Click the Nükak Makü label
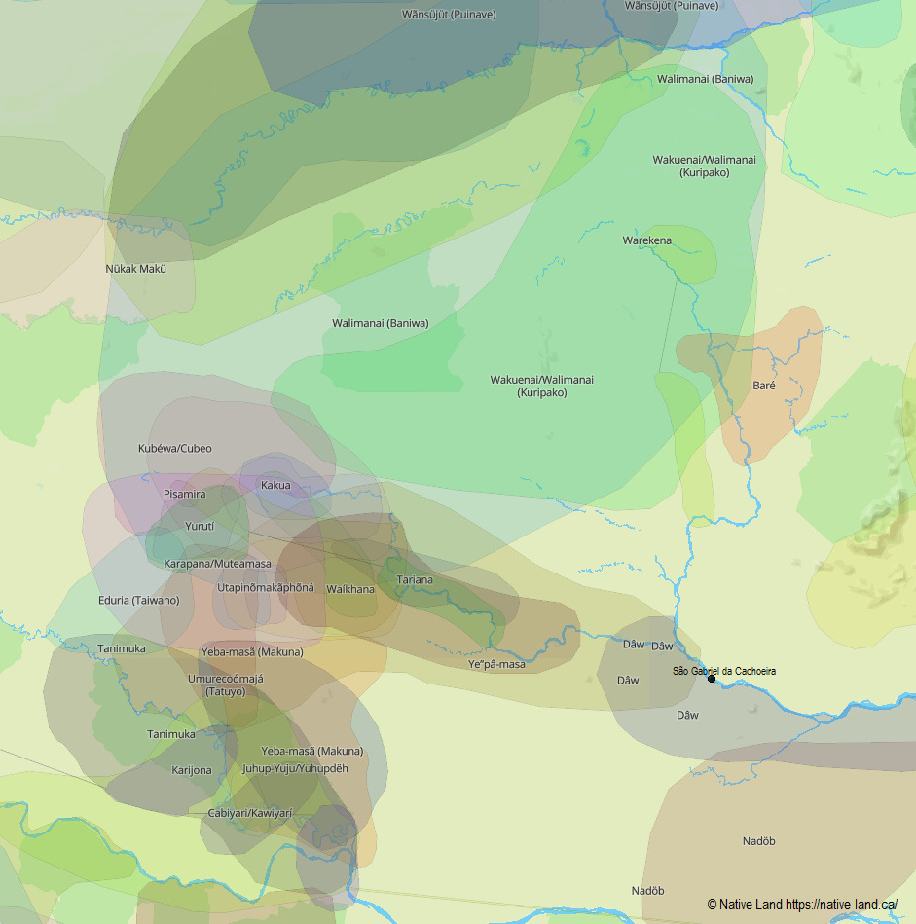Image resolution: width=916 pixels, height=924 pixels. tap(135, 269)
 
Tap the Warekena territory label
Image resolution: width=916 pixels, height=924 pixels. tap(646, 240)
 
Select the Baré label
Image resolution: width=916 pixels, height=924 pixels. tap(764, 386)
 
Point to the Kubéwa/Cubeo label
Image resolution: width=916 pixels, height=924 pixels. tap(174, 449)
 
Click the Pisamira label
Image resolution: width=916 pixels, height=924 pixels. tap(184, 495)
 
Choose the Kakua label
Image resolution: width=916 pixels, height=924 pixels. tap(275, 485)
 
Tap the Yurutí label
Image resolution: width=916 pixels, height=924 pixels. tap(199, 526)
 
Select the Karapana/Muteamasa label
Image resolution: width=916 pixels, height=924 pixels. tap(217, 564)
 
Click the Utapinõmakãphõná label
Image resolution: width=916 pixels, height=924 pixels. tap(265, 588)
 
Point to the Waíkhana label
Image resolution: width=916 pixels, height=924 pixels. tap(350, 589)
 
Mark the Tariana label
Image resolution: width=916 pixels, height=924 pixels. tap(415, 580)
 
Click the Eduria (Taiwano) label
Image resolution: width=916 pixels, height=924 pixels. tap(138, 601)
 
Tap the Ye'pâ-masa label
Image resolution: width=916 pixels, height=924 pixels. tap(496, 664)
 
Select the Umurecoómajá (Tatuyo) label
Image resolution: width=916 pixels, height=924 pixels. tap(225, 685)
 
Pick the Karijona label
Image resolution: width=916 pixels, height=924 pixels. tap(191, 770)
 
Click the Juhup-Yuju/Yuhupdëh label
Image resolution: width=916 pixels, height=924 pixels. tap(294, 768)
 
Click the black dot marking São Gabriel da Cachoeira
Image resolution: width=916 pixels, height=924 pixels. tap(712, 679)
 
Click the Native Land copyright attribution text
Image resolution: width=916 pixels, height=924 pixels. tap(801, 905)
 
